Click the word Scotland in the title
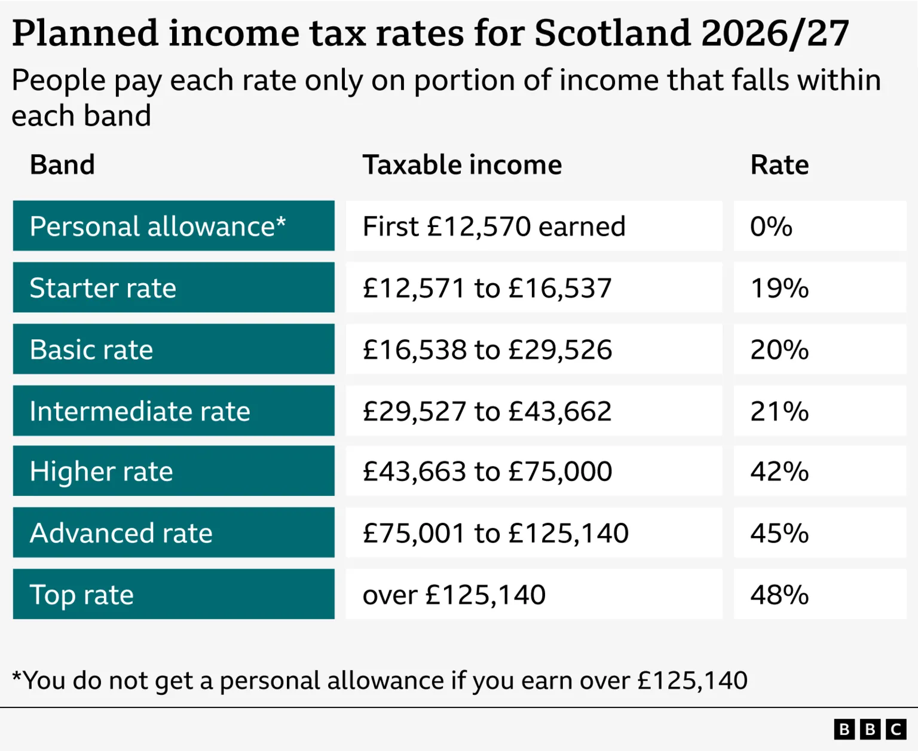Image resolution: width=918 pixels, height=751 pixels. tap(612, 33)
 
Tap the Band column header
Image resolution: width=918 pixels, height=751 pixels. tap(62, 165)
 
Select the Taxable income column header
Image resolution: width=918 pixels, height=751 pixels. tap(462, 165)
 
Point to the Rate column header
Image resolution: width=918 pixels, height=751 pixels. tap(779, 165)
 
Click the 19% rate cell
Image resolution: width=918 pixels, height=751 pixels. tap(779, 288)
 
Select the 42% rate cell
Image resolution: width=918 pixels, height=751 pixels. tap(779, 471)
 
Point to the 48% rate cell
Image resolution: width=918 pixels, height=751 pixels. tap(779, 594)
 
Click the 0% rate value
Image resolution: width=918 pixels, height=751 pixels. tap(771, 226)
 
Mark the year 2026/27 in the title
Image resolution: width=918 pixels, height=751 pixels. tap(775, 33)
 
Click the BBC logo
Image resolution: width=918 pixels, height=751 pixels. tap(870, 729)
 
